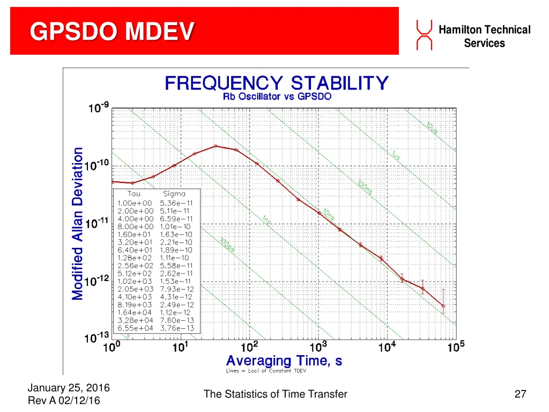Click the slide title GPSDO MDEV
click(112, 32)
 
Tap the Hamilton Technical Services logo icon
click(424, 35)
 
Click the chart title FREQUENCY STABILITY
click(276, 83)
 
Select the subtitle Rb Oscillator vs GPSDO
click(277, 97)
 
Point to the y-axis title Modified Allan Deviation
click(78, 223)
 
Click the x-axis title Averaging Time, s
click(284, 360)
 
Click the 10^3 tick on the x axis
click(318, 348)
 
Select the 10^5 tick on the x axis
click(455, 348)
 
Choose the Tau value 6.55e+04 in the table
click(135, 328)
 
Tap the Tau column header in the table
click(134, 194)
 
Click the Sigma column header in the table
click(174, 194)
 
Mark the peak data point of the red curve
click(216, 146)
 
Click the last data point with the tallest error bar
click(443, 306)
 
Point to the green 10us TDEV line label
click(432, 128)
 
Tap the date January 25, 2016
click(68, 388)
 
